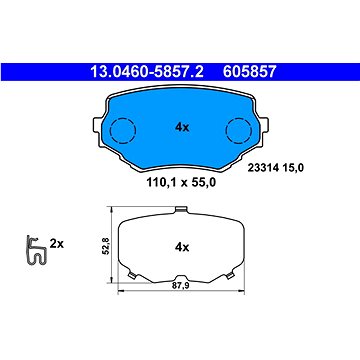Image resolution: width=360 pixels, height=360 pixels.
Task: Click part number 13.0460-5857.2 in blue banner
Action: coord(147,72)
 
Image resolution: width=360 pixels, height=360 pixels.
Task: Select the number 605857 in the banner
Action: coord(250,72)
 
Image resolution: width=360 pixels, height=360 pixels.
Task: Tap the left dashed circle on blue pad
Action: coord(123,130)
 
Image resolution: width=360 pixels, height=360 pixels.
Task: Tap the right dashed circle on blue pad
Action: coord(239,130)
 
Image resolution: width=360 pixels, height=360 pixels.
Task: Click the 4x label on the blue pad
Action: coord(182,127)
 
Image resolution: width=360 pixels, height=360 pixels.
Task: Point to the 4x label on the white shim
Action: coord(182,247)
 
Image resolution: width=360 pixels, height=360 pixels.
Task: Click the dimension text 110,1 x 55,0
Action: coord(181,182)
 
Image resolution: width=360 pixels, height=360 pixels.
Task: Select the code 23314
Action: coord(261,168)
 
